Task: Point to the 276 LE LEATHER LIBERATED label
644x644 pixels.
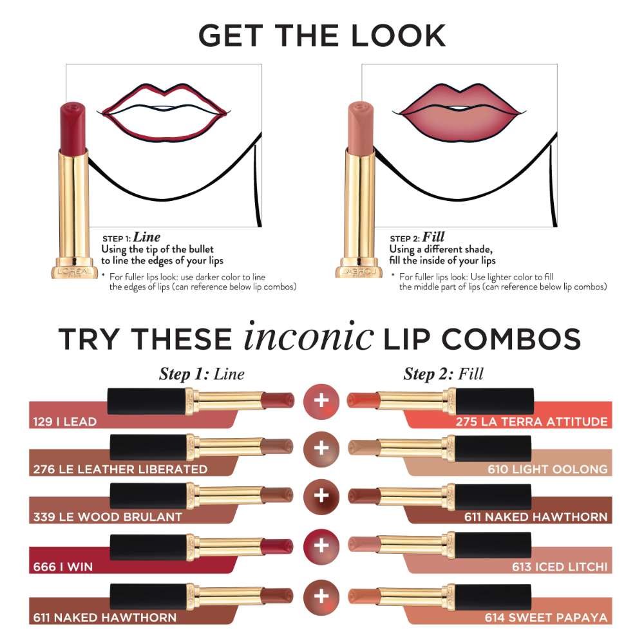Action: tap(120, 469)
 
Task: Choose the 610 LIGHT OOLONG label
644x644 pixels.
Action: tap(547, 469)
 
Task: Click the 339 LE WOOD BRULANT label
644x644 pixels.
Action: tap(108, 516)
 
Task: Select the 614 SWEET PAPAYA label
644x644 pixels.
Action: tap(546, 618)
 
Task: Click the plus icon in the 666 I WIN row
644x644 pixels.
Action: tap(321, 546)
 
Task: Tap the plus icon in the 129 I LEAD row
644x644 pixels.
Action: tap(321, 401)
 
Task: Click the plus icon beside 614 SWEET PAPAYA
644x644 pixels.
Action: tap(321, 595)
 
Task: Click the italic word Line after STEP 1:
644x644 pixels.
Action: tap(147, 237)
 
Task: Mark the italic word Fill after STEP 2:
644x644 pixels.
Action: tap(433, 237)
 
